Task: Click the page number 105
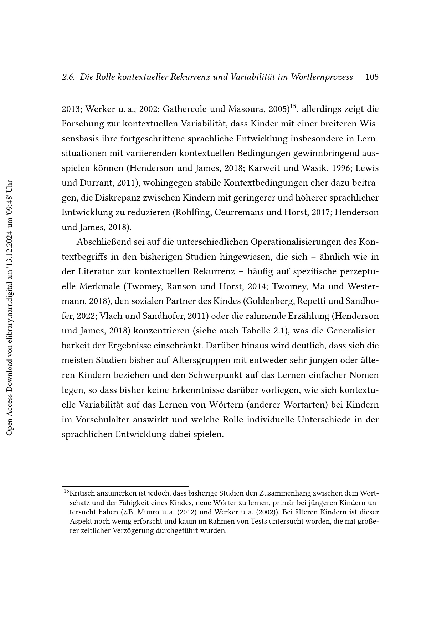372,77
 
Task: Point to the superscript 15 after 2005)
293,106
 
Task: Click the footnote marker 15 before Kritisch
66,492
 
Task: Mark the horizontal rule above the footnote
125,486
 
